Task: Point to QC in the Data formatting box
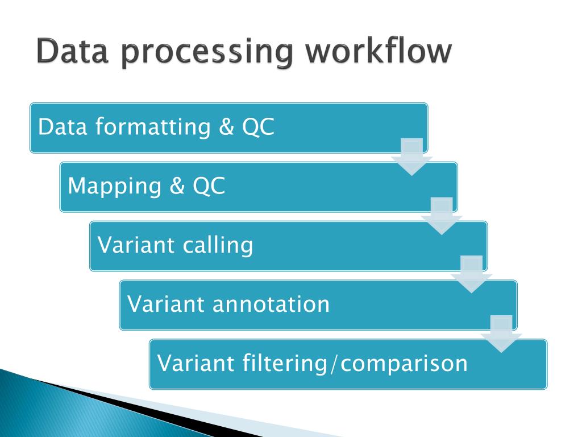point(258,127)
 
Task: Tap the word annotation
point(271,304)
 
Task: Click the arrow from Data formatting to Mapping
point(411,156)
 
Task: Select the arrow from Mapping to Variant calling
point(442,216)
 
